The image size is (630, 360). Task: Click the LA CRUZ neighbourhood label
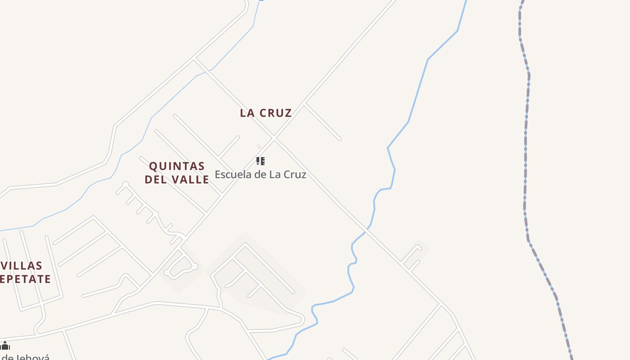point(265,113)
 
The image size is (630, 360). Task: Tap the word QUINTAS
point(177,166)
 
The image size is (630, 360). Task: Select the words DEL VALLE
point(177,180)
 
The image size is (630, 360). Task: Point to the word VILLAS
point(21,266)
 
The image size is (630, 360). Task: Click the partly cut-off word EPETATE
point(25,279)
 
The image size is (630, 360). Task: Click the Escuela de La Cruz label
point(260,175)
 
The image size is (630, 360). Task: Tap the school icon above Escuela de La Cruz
point(260,161)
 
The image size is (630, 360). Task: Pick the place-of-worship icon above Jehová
point(5,346)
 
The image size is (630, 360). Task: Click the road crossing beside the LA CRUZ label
point(274,138)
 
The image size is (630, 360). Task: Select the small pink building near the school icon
point(259,146)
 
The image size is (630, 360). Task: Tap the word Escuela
point(234,175)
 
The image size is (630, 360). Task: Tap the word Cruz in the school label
point(295,175)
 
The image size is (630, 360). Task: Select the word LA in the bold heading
point(247,113)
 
